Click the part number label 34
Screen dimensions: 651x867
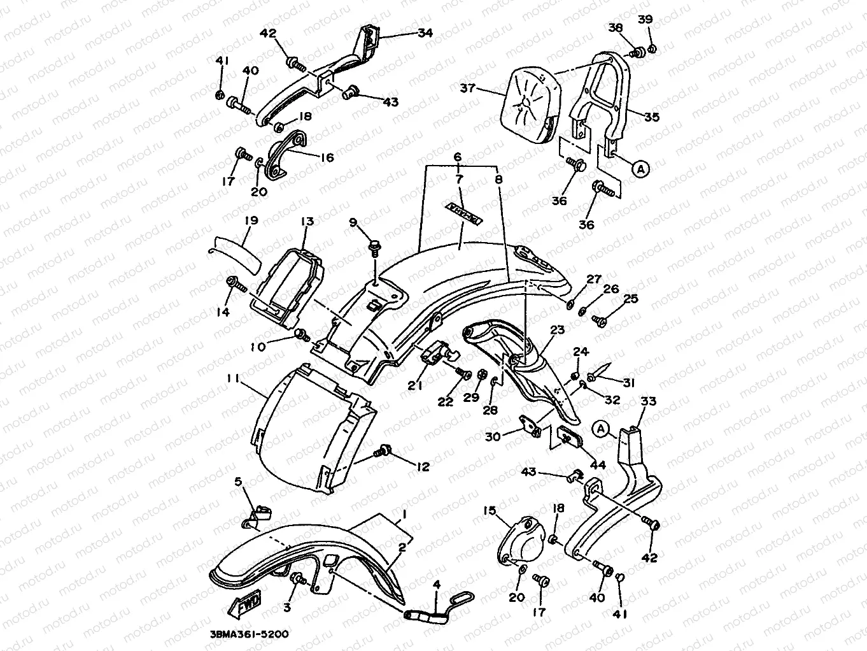click(x=425, y=32)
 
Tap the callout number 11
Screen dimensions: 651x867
click(x=232, y=378)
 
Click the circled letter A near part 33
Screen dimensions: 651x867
click(x=600, y=429)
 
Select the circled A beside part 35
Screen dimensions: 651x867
click(x=640, y=168)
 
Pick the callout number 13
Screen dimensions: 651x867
click(x=307, y=222)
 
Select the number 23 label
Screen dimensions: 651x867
click(x=557, y=330)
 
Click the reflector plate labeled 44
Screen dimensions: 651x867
click(x=568, y=436)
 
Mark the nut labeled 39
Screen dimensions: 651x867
click(x=652, y=49)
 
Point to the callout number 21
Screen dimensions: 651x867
click(x=415, y=384)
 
